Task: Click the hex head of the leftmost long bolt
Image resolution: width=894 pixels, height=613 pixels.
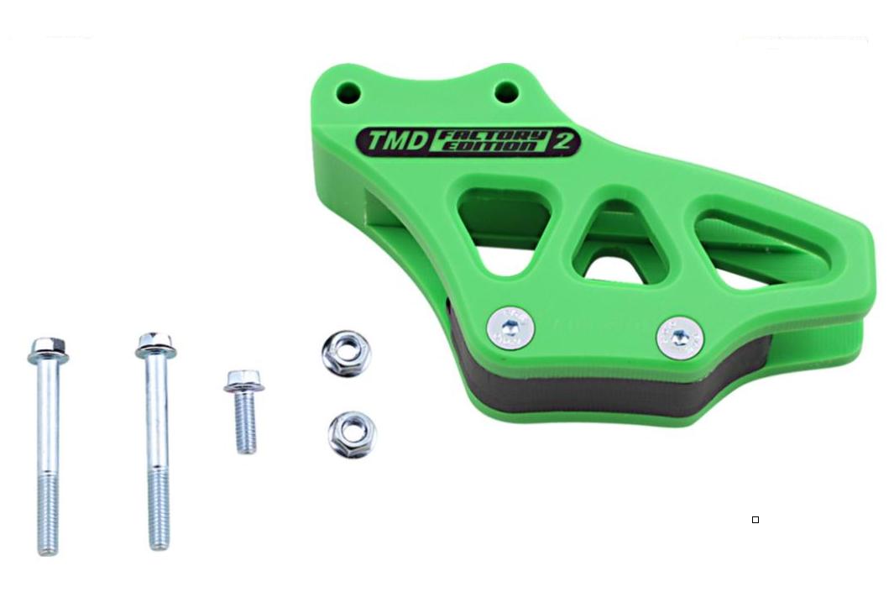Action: click(x=49, y=351)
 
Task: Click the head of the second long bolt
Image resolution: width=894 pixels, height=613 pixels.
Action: click(x=155, y=344)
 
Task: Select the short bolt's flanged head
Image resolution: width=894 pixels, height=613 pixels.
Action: click(x=243, y=381)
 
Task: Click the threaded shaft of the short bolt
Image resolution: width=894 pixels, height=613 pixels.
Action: click(x=246, y=423)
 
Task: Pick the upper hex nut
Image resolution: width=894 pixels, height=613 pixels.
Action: click(x=346, y=354)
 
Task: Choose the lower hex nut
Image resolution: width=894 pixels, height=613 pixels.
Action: click(x=353, y=434)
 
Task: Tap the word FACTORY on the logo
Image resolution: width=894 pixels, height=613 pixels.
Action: click(x=492, y=136)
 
